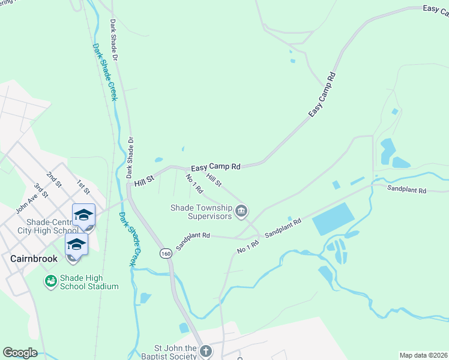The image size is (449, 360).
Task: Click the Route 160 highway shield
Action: tap(164, 254)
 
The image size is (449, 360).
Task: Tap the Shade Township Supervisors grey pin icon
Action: tap(242, 211)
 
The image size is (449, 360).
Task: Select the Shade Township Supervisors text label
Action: tap(200, 212)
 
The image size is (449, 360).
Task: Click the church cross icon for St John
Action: tap(205, 351)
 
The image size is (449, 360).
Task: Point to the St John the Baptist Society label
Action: tap(175, 352)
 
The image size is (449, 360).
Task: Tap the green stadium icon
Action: tap(50, 281)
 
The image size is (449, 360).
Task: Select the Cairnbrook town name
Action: tap(34, 259)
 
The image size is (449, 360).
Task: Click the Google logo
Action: tap(20, 352)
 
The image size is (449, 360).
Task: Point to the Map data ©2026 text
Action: tap(423, 355)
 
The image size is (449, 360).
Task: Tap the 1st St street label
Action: tap(83, 186)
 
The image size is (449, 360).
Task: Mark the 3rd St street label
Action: tap(41, 190)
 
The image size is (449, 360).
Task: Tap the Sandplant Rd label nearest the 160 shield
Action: tap(193, 242)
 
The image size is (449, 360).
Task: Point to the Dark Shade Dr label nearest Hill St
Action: tap(130, 157)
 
